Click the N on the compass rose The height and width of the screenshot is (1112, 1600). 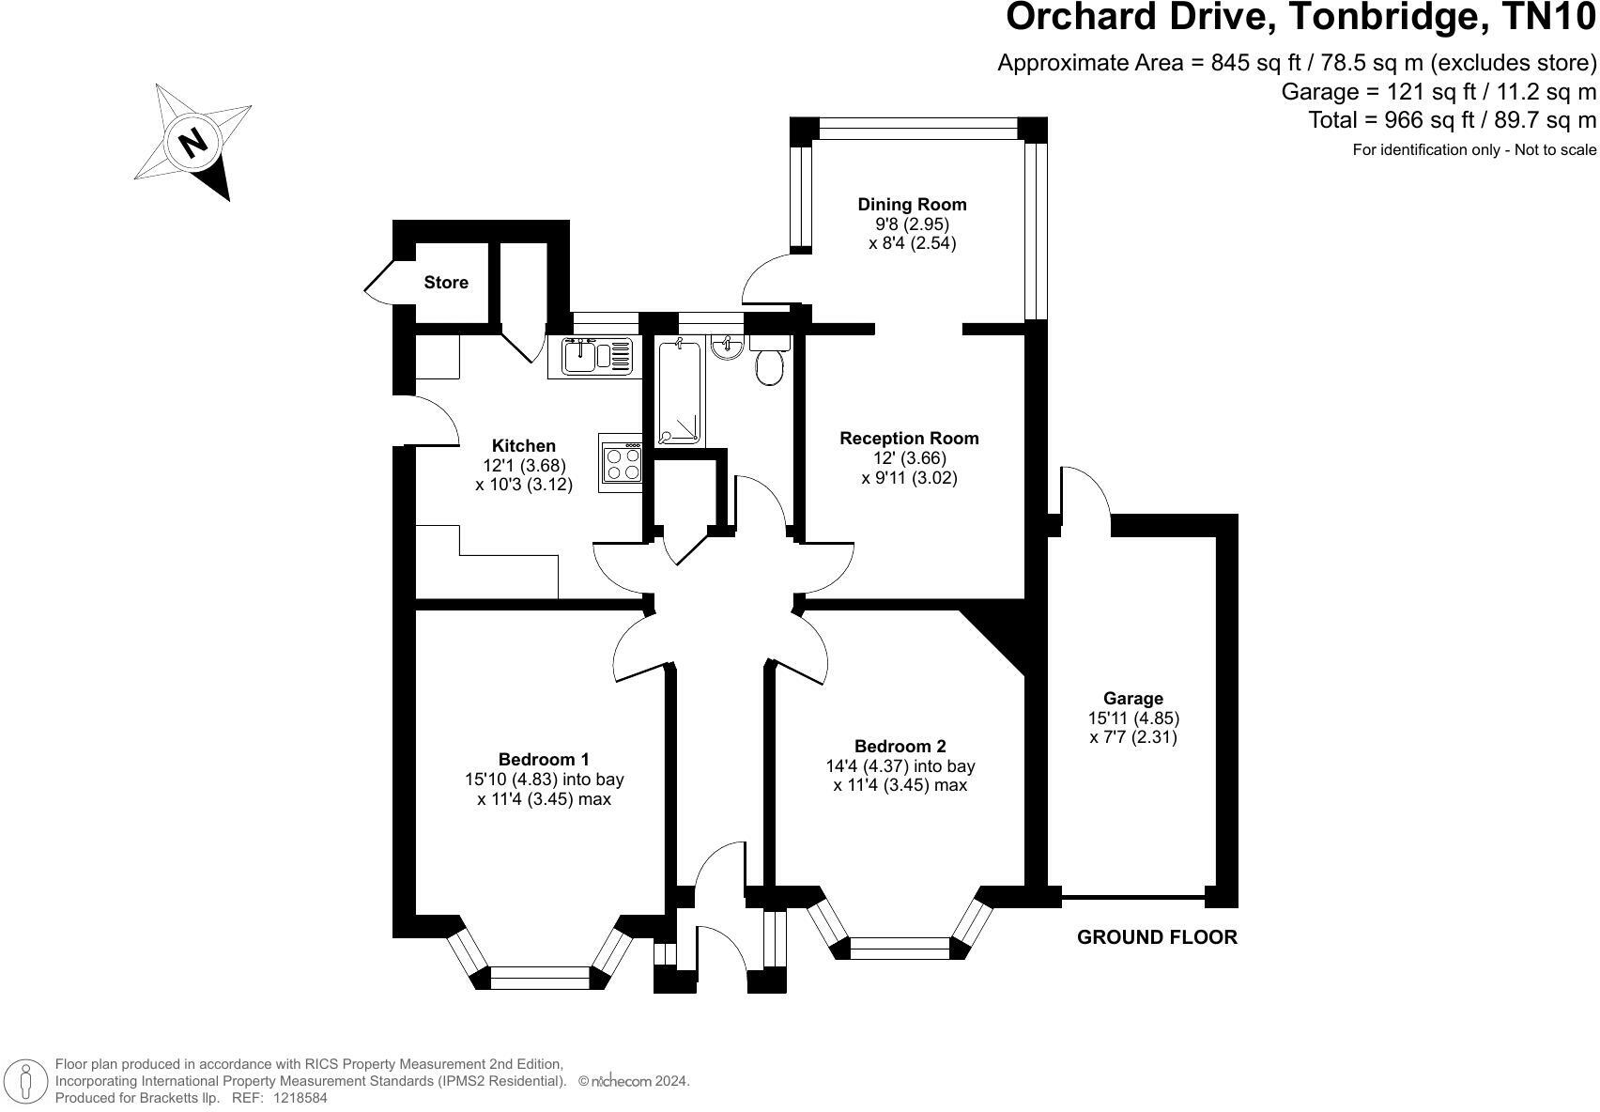pos(192,143)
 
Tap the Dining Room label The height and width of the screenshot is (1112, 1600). pos(912,205)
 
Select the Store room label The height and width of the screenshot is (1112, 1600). pos(446,283)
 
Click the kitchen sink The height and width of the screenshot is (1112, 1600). pos(591,357)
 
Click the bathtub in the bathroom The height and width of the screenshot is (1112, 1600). pos(679,393)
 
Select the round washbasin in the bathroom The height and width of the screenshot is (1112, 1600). pos(728,347)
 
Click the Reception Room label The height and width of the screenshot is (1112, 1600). pos(909,438)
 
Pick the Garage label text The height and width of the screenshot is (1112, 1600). pos(1133,698)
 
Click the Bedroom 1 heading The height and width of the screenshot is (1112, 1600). pos(544,759)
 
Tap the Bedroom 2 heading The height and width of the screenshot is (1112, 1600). pos(900,746)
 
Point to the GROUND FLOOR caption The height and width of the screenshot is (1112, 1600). pos(1157,937)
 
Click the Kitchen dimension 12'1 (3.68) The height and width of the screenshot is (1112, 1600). pos(524,465)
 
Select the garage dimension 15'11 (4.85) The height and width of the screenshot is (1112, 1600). pos(1133,718)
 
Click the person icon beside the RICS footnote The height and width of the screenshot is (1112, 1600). pos(25,1080)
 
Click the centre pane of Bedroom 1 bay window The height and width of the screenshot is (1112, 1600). pos(541,978)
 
